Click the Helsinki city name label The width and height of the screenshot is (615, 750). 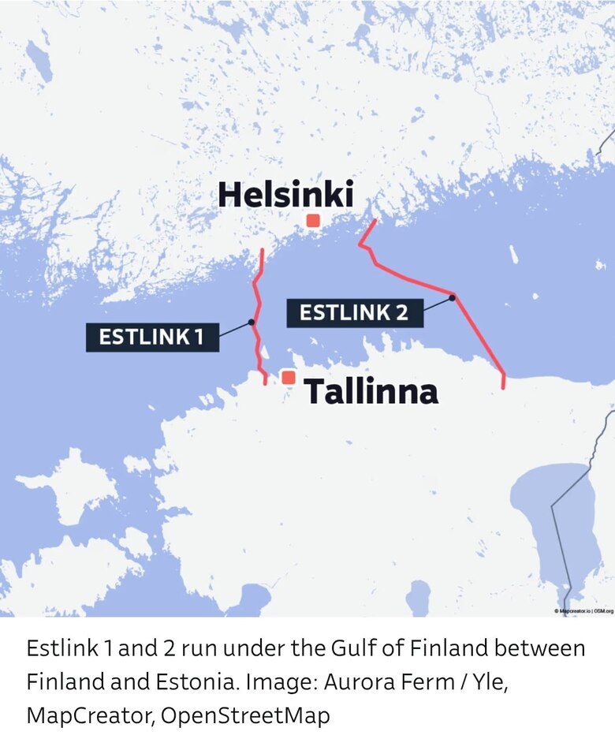[x=285, y=195]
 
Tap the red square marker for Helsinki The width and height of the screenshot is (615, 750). [x=313, y=221]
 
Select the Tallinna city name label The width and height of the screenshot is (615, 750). [x=370, y=391]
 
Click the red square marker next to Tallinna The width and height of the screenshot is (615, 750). [x=289, y=378]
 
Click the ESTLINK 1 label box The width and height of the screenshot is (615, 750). [x=151, y=337]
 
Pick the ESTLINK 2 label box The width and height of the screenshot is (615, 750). [x=354, y=312]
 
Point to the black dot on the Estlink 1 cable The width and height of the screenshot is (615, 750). [x=251, y=322]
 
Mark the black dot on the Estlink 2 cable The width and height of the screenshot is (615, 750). [x=453, y=297]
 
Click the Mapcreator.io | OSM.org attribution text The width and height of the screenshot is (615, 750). [x=583, y=610]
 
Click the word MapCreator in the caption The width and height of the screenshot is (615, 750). [x=89, y=715]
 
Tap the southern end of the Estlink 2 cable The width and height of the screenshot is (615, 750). [x=503, y=387]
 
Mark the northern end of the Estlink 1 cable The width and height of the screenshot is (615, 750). [x=263, y=250]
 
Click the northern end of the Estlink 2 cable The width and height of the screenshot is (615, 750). [x=375, y=221]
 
